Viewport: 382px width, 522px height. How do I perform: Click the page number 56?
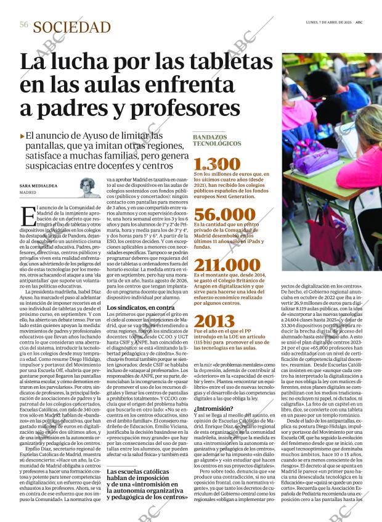point(24,25)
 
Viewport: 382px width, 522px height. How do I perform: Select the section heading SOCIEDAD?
point(72,27)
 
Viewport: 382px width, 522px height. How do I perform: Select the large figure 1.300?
point(216,164)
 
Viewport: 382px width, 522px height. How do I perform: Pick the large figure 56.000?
point(220,214)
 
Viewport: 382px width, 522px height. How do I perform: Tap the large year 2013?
point(214,321)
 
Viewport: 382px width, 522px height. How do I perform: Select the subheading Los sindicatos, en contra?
point(140,307)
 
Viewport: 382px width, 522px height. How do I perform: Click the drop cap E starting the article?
point(28,217)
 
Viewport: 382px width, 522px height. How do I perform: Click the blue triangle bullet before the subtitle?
point(22,136)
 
